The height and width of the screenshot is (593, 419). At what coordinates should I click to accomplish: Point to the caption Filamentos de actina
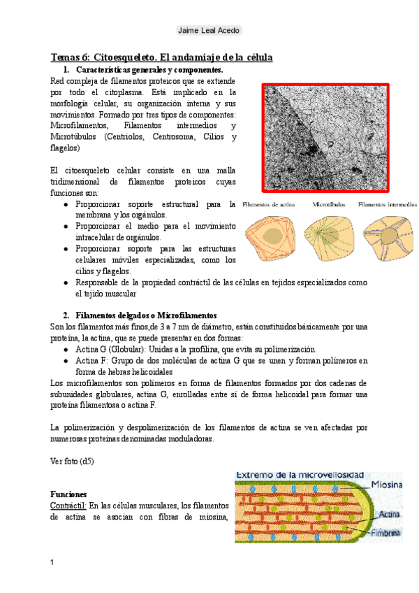click(x=267, y=205)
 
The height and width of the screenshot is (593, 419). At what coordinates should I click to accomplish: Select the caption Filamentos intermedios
click(x=388, y=205)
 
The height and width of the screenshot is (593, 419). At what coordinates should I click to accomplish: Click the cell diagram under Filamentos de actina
click(x=267, y=240)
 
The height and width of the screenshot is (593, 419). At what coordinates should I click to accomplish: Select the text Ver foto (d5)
click(x=73, y=461)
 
